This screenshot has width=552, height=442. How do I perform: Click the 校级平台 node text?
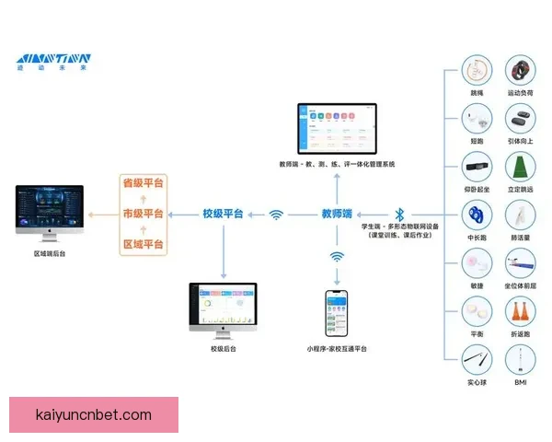[x=223, y=214]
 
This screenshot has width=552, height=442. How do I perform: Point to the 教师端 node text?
[x=337, y=214]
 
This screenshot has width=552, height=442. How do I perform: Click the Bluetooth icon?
[x=398, y=214]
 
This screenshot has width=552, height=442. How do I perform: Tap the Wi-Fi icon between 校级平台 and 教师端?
[x=276, y=215]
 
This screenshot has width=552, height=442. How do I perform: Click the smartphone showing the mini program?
[x=337, y=313]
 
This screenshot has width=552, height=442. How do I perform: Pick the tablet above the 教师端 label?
[x=336, y=129]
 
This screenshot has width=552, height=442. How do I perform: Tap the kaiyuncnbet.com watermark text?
[x=92, y=415]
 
